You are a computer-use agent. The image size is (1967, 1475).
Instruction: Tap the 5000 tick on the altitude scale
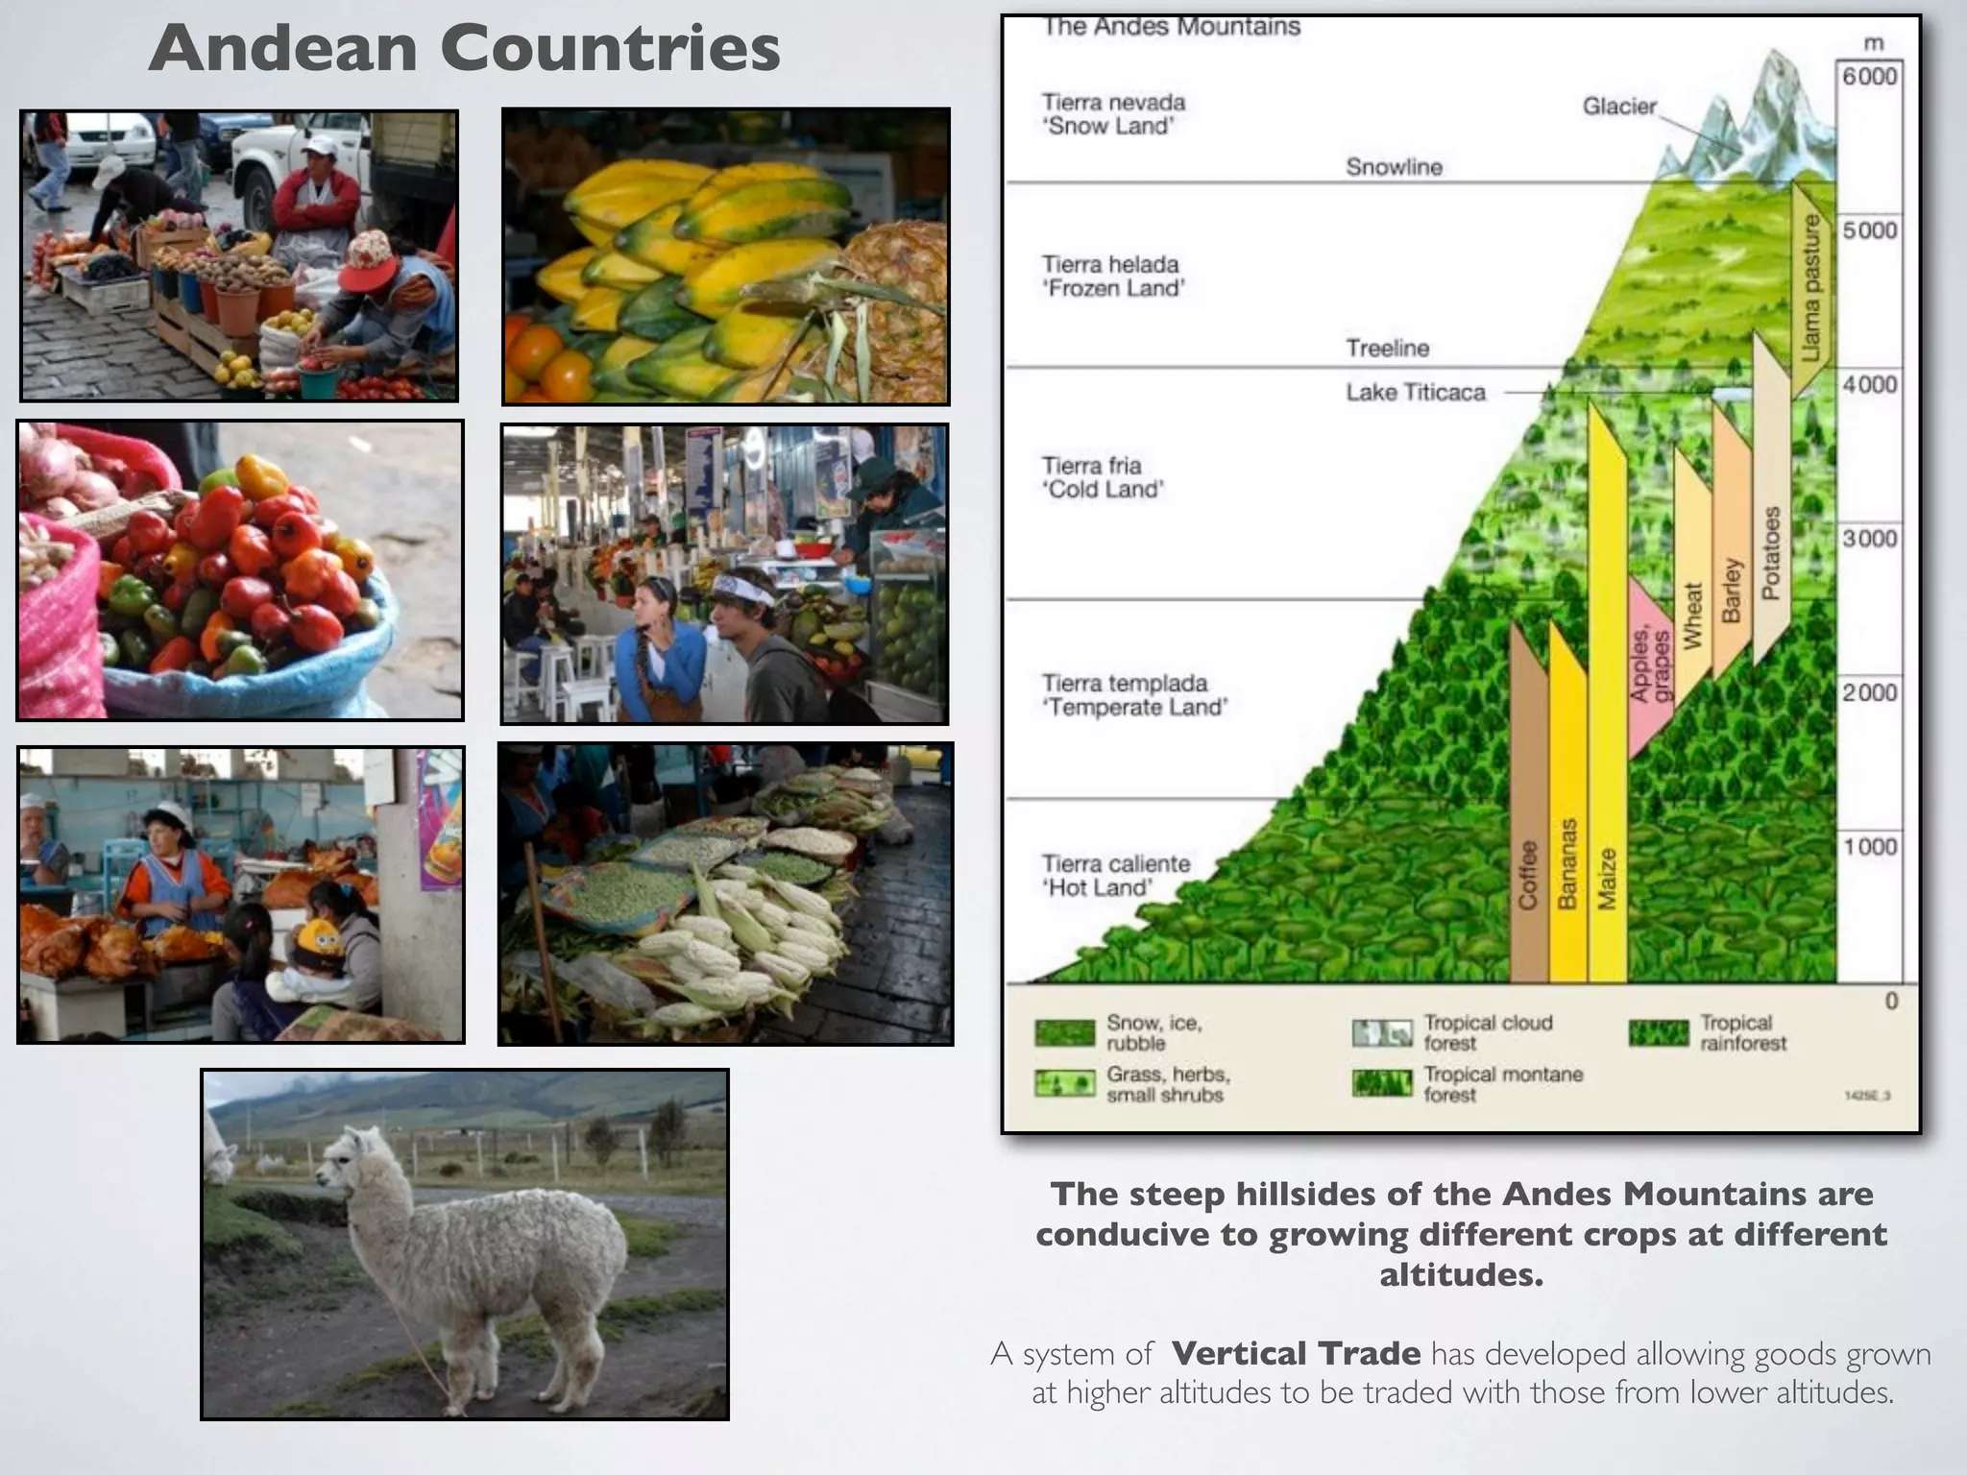click(1869, 230)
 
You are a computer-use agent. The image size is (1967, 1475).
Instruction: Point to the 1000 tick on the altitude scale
click(1869, 846)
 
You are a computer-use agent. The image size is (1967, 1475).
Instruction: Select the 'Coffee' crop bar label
click(1527, 874)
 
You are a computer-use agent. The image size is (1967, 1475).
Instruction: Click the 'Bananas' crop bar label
click(1566, 863)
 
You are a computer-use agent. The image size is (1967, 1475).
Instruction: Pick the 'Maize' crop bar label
click(1607, 878)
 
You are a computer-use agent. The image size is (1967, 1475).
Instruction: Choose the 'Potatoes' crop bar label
click(1771, 552)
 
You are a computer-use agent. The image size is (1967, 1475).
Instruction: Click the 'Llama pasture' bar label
click(1810, 288)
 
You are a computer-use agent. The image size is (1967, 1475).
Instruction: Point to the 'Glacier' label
click(1619, 107)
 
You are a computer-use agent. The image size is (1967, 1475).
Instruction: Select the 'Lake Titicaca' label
click(1415, 392)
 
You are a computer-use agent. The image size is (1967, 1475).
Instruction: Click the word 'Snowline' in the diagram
click(1394, 167)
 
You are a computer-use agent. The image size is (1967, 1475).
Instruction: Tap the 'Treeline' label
click(1387, 348)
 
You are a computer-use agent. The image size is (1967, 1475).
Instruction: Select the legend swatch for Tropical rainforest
click(1658, 1033)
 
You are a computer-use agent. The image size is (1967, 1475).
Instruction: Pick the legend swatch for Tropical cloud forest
click(1382, 1033)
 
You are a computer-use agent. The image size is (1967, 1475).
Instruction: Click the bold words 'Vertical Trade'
click(1296, 1353)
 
